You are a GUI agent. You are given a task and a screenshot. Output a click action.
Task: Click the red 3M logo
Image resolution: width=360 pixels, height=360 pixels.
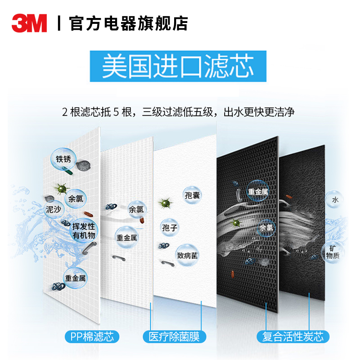(x=29, y=23)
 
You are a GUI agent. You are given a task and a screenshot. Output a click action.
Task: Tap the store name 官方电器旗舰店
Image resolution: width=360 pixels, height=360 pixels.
(x=128, y=23)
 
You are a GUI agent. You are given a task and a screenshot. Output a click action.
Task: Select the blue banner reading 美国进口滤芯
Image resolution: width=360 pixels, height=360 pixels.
(x=178, y=66)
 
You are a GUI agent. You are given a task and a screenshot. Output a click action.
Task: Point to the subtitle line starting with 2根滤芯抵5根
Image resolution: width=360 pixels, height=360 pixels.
(x=179, y=111)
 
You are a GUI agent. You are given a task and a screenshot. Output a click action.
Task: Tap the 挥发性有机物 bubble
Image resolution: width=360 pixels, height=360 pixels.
(x=84, y=230)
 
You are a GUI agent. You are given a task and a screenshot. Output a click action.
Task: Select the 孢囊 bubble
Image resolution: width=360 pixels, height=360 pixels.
(x=193, y=195)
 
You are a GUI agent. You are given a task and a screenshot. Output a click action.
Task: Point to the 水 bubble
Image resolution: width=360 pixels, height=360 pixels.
(x=335, y=200)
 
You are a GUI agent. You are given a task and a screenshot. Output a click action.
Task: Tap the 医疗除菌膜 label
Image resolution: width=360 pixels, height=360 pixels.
(x=174, y=336)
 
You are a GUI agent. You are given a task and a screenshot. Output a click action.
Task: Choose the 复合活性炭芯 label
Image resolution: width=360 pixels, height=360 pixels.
(x=292, y=336)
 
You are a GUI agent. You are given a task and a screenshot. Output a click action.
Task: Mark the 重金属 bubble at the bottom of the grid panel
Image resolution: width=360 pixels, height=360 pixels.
(x=75, y=278)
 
